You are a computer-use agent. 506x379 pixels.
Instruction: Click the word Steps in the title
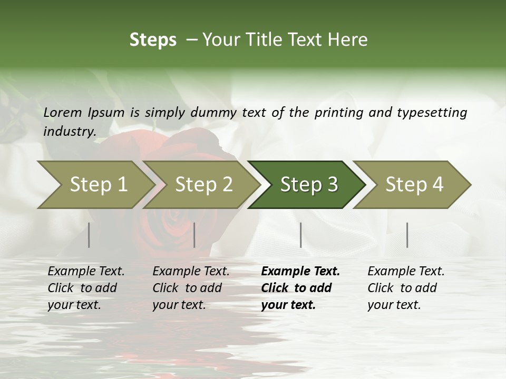[x=153, y=40]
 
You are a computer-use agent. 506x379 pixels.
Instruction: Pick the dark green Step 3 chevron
[x=309, y=185]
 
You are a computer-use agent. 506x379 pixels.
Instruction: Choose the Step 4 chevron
[x=414, y=185]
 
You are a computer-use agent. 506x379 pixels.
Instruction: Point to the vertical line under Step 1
[x=89, y=235]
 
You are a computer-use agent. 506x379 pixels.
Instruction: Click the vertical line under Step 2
[x=194, y=235]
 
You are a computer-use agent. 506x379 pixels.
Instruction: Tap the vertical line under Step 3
[x=300, y=235]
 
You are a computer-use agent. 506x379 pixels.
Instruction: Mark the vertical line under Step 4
[x=407, y=235]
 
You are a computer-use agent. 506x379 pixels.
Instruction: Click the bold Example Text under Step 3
[x=300, y=288]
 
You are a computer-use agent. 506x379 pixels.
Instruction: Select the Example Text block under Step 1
[x=86, y=288]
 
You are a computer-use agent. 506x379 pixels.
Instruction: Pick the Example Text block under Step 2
[x=191, y=288]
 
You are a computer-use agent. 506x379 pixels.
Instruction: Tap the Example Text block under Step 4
[x=406, y=288]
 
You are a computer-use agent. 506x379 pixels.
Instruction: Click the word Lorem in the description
[x=62, y=113]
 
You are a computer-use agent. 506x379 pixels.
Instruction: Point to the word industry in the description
[x=70, y=132]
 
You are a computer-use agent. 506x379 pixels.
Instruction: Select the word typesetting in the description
[x=432, y=113]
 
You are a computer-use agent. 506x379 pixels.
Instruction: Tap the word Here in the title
[x=350, y=40]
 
